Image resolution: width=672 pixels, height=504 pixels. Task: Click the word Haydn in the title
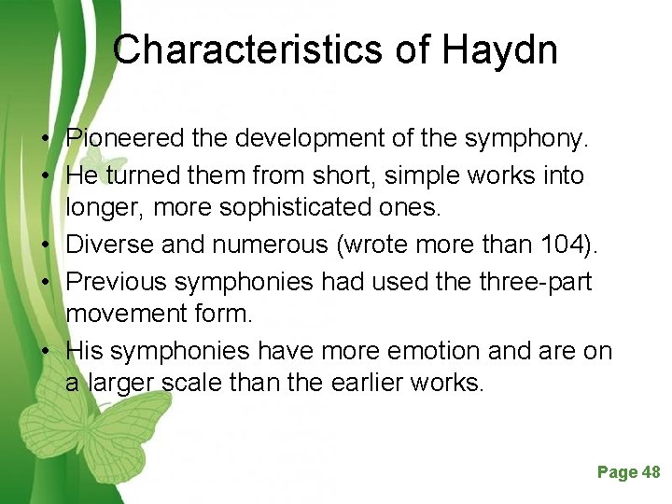pyautogui.click(x=501, y=49)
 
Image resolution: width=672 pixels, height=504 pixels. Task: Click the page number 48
pyautogui.click(x=651, y=472)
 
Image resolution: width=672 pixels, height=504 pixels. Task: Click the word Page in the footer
pyautogui.click(x=617, y=472)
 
